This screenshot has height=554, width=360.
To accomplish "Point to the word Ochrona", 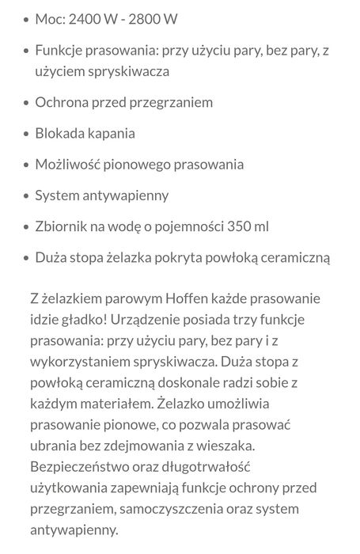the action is pos(62,103).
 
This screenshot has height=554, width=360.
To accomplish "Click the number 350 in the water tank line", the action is pos(238,226).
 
